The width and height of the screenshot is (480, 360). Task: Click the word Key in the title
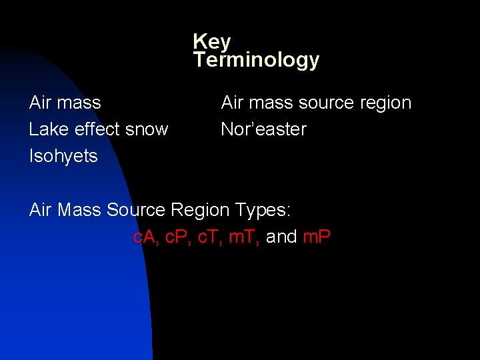coord(212,42)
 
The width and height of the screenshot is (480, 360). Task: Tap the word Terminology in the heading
coord(257,61)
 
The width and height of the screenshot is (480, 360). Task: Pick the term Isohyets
coord(63,156)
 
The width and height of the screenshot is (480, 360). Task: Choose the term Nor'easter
coord(263,129)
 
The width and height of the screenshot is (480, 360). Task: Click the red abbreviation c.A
coord(146,237)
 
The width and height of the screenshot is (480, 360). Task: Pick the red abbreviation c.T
coord(211,237)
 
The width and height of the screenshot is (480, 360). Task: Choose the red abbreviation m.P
coord(317,237)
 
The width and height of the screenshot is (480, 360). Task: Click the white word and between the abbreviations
coord(281,237)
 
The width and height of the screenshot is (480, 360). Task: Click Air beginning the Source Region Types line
coord(41,210)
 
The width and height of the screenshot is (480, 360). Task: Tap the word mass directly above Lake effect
coord(79,103)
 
